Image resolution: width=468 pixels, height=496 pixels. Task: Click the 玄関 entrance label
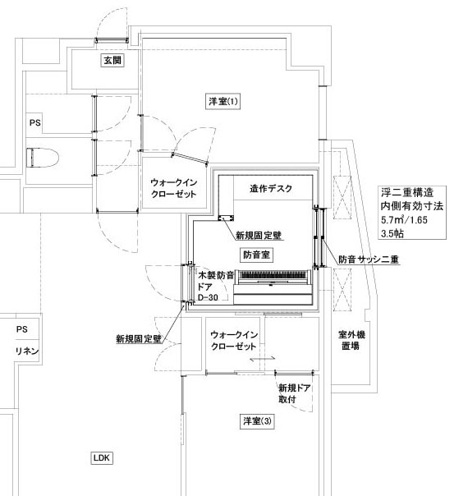point(112,60)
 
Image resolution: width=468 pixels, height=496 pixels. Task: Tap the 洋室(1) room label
point(223,102)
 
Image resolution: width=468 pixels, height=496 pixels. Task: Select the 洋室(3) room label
point(257,421)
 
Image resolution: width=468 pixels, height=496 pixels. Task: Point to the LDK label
point(102,457)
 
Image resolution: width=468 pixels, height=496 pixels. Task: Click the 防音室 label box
point(256,255)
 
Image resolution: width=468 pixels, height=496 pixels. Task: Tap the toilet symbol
point(43,158)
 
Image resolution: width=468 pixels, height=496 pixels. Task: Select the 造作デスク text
point(271,189)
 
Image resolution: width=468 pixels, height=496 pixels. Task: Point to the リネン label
point(27,351)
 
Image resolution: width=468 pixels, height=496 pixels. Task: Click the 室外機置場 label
point(351,340)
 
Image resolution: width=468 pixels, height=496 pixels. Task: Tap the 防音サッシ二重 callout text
point(369,259)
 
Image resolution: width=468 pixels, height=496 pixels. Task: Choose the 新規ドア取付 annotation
point(294,393)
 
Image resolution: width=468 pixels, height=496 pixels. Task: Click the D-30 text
point(208,297)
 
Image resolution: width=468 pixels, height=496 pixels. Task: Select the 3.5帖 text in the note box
point(392,234)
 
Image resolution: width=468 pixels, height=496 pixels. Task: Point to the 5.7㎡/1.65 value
point(404,219)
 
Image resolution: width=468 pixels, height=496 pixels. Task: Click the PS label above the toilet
point(35,122)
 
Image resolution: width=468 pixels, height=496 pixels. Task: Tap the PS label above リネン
point(22,329)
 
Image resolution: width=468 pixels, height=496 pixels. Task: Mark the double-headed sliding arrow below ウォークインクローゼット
point(262,359)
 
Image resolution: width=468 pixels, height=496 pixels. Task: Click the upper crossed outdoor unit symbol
point(342,198)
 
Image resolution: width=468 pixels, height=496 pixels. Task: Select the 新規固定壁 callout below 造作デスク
point(259,236)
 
